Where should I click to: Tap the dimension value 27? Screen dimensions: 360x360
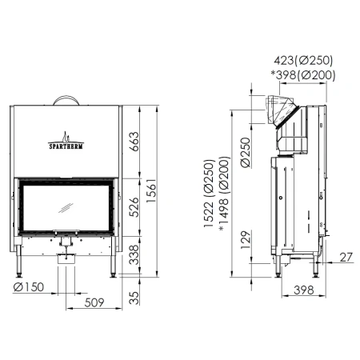pos(345,257)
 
